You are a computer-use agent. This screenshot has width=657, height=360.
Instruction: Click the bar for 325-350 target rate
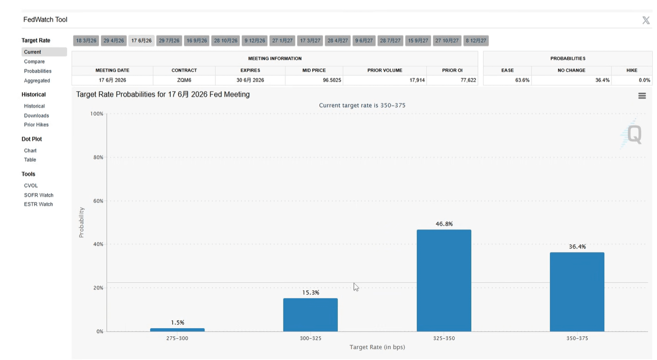tap(444, 280)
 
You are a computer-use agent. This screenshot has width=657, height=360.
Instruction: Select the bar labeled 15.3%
tap(310, 314)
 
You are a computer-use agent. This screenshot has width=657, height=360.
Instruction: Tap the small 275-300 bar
tap(177, 330)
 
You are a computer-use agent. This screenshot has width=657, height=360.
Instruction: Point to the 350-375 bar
tap(577, 292)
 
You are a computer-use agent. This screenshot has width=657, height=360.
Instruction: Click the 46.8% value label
tap(444, 224)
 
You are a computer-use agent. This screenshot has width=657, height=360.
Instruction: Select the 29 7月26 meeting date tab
tap(169, 41)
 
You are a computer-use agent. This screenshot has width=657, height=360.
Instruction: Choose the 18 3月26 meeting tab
tap(86, 41)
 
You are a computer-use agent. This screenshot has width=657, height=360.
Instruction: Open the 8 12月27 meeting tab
tap(476, 41)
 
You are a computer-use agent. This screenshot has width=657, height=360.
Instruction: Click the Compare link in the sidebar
tap(35, 62)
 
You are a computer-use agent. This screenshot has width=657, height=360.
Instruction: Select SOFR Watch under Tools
tap(39, 195)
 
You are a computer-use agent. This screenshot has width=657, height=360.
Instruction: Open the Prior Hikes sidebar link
tap(36, 125)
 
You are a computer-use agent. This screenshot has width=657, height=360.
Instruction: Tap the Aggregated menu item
tap(37, 81)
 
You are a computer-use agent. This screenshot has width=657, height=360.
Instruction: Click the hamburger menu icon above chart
tap(642, 96)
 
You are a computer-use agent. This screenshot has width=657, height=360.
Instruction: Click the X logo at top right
tap(646, 20)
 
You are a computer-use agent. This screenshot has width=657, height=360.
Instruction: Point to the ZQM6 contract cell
tap(184, 80)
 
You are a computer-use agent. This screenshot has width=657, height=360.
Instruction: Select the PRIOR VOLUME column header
tap(384, 70)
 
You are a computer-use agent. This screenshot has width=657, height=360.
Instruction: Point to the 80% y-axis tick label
tap(98, 157)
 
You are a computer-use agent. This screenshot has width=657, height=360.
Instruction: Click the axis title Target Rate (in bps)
tap(377, 347)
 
